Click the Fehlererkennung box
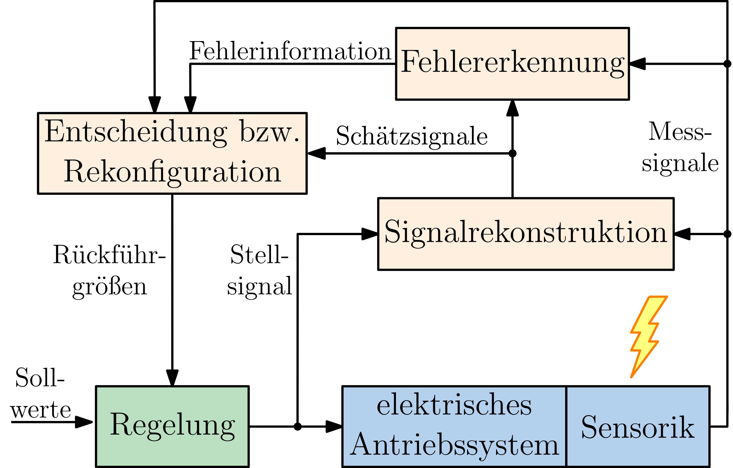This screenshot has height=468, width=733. [x=512, y=64]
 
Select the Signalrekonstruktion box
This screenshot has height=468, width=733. [x=526, y=234]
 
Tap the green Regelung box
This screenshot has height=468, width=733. [x=172, y=426]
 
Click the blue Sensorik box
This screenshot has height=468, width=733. [x=638, y=426]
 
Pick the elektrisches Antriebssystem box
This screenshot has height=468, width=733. [x=454, y=426]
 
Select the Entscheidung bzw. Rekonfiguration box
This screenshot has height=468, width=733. [x=172, y=153]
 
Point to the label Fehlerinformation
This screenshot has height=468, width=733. [x=290, y=51]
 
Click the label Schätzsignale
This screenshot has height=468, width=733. [x=411, y=136]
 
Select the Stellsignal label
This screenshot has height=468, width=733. [x=259, y=270]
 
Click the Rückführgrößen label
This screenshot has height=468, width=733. [x=109, y=270]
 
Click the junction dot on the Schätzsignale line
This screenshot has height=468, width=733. [x=512, y=153]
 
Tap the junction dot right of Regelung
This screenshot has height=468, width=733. [x=297, y=427]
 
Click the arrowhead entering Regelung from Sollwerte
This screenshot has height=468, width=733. [x=84, y=422]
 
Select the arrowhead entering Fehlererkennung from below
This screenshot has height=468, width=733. [x=512, y=108]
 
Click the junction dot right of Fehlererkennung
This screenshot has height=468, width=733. [x=727, y=64]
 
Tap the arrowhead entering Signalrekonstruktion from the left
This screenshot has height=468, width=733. [x=370, y=234]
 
